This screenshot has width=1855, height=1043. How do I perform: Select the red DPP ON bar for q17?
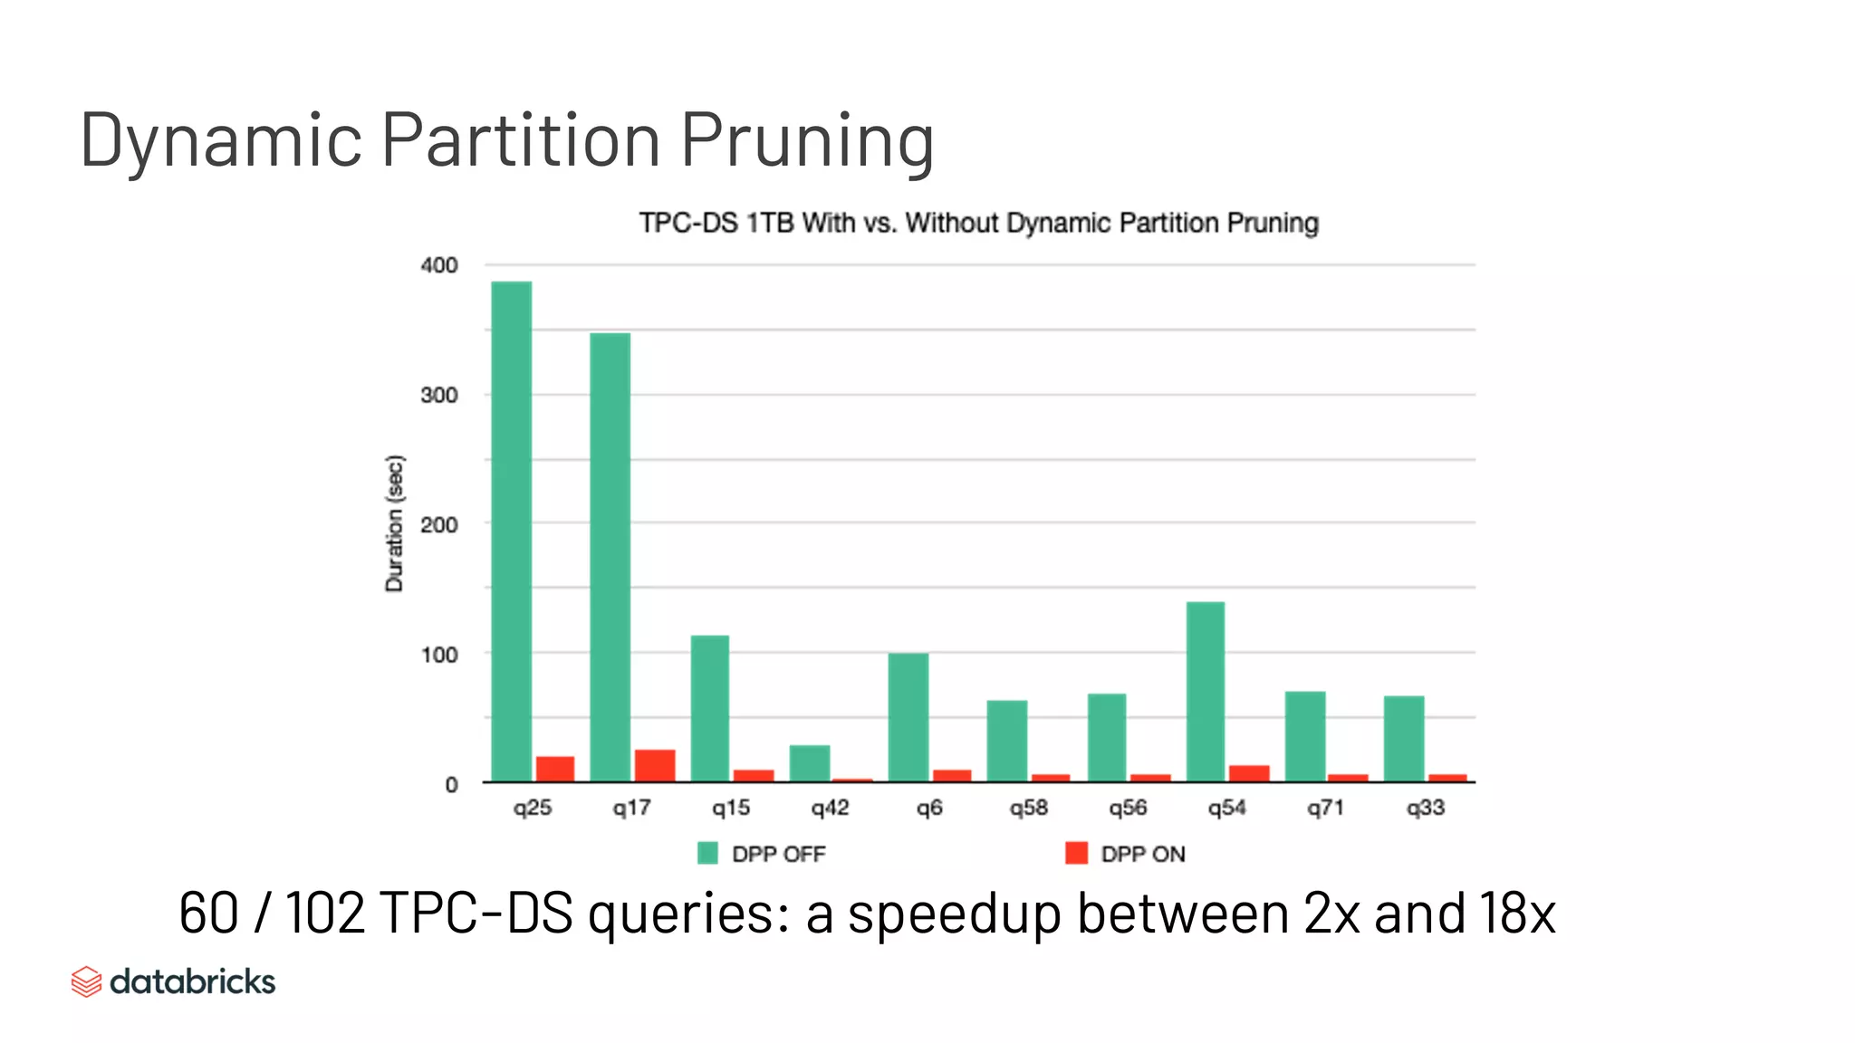(x=654, y=765)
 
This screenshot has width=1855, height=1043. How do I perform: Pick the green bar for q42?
(x=809, y=763)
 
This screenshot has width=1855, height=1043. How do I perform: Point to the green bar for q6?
(x=908, y=716)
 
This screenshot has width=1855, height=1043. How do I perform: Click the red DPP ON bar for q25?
(x=554, y=769)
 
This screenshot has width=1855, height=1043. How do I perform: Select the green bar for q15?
(x=709, y=708)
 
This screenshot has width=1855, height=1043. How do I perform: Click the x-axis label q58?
(x=1028, y=808)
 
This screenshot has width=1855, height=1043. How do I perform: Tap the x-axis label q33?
(x=1425, y=808)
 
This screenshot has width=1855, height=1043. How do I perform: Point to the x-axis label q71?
(x=1325, y=808)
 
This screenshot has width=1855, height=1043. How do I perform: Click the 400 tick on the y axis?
(x=439, y=265)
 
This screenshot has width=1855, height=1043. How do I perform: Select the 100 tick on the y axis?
(x=439, y=655)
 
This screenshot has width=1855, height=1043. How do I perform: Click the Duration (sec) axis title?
(x=395, y=523)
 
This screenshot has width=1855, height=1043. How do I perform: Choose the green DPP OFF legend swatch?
(x=707, y=853)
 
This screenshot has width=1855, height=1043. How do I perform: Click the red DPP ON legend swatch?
(x=1076, y=853)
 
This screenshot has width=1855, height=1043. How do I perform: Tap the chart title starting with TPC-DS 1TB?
(x=978, y=223)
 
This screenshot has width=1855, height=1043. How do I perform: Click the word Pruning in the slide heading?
(x=806, y=140)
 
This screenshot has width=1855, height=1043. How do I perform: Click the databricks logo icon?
(x=86, y=981)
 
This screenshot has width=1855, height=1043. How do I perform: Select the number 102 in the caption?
(x=325, y=913)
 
